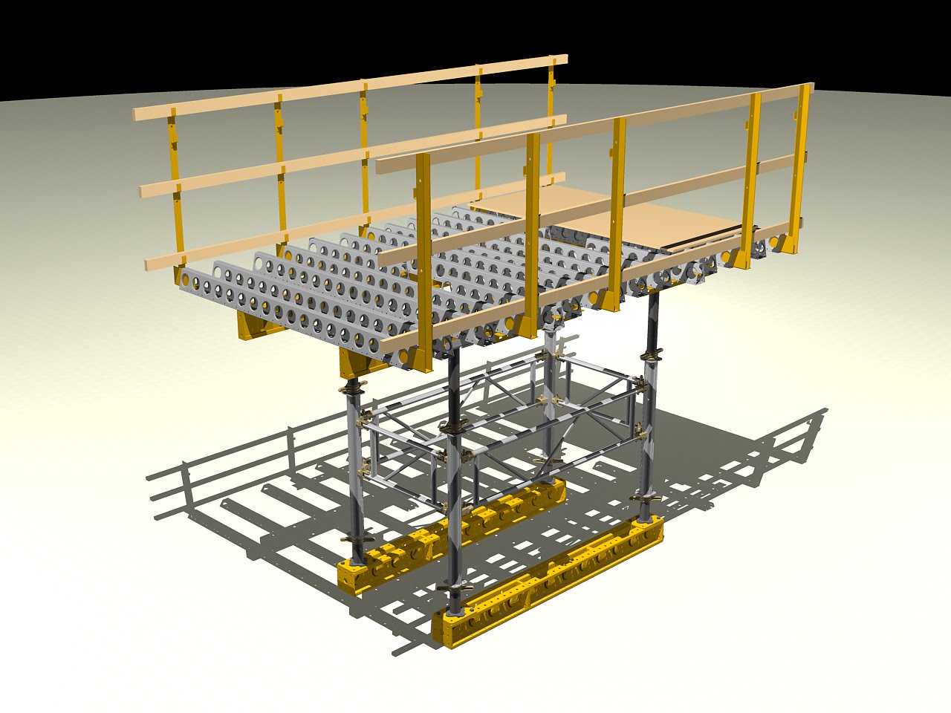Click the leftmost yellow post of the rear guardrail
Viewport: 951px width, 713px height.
click(175, 193)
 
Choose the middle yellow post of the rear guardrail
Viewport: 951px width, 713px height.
click(364, 149)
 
